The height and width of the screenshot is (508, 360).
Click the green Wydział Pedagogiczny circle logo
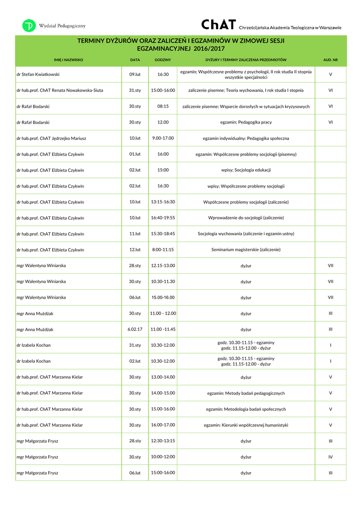[x=29, y=26]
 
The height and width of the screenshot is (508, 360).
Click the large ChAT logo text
[x=218, y=25]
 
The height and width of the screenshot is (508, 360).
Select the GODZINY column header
[x=163, y=60]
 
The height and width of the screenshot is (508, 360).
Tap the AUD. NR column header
[x=330, y=60]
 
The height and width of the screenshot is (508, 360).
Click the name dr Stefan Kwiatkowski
[x=38, y=74]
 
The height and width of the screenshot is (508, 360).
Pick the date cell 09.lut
[x=135, y=74]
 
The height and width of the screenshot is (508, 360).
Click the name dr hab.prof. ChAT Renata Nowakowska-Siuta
[x=60, y=90]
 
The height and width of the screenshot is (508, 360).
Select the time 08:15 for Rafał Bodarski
[x=163, y=106]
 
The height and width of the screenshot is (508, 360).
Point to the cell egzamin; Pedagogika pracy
[x=246, y=122]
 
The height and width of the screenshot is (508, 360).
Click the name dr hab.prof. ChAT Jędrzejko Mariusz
[x=51, y=138]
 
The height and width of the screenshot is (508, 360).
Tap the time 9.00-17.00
[x=163, y=138]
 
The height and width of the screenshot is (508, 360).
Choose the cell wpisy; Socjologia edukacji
[x=246, y=170]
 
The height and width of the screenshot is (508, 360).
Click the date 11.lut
[x=135, y=234]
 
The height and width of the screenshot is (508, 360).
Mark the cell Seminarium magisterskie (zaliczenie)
[x=246, y=250]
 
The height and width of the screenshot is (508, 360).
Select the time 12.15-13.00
[x=163, y=265]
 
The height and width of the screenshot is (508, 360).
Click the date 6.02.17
[x=135, y=329]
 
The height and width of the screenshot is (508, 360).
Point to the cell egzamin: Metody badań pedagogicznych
[x=246, y=393]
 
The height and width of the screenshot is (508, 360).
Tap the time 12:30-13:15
[x=163, y=441]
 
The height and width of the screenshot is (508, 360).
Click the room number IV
[x=330, y=457]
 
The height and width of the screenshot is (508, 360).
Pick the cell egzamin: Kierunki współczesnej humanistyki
[x=246, y=425]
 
